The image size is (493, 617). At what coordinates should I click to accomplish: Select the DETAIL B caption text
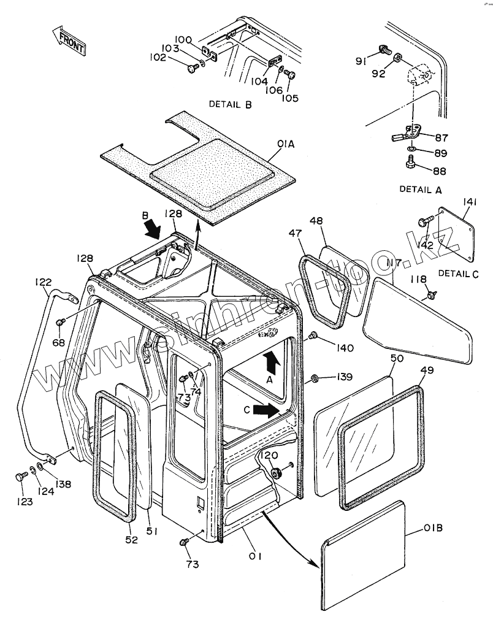click(x=230, y=104)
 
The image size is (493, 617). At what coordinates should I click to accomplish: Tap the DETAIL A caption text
click(x=421, y=190)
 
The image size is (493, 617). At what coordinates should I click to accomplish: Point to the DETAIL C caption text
click(x=458, y=274)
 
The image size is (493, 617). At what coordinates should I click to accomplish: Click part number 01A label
click(x=286, y=144)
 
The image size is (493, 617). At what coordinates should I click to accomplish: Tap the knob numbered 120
click(x=276, y=471)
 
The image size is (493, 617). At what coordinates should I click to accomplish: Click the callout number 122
click(x=43, y=282)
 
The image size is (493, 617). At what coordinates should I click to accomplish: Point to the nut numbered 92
click(x=398, y=58)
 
